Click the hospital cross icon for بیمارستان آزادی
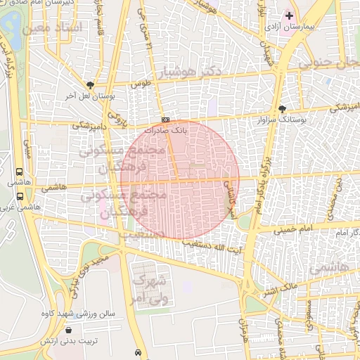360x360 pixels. click(289, 15)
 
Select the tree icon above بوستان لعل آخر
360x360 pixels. click(89, 84)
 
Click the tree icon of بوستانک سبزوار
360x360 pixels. click(283, 109)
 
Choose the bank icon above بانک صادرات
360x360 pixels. click(165, 120)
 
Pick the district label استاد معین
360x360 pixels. click(52, 27)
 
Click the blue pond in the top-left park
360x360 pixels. click(11, 25)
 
